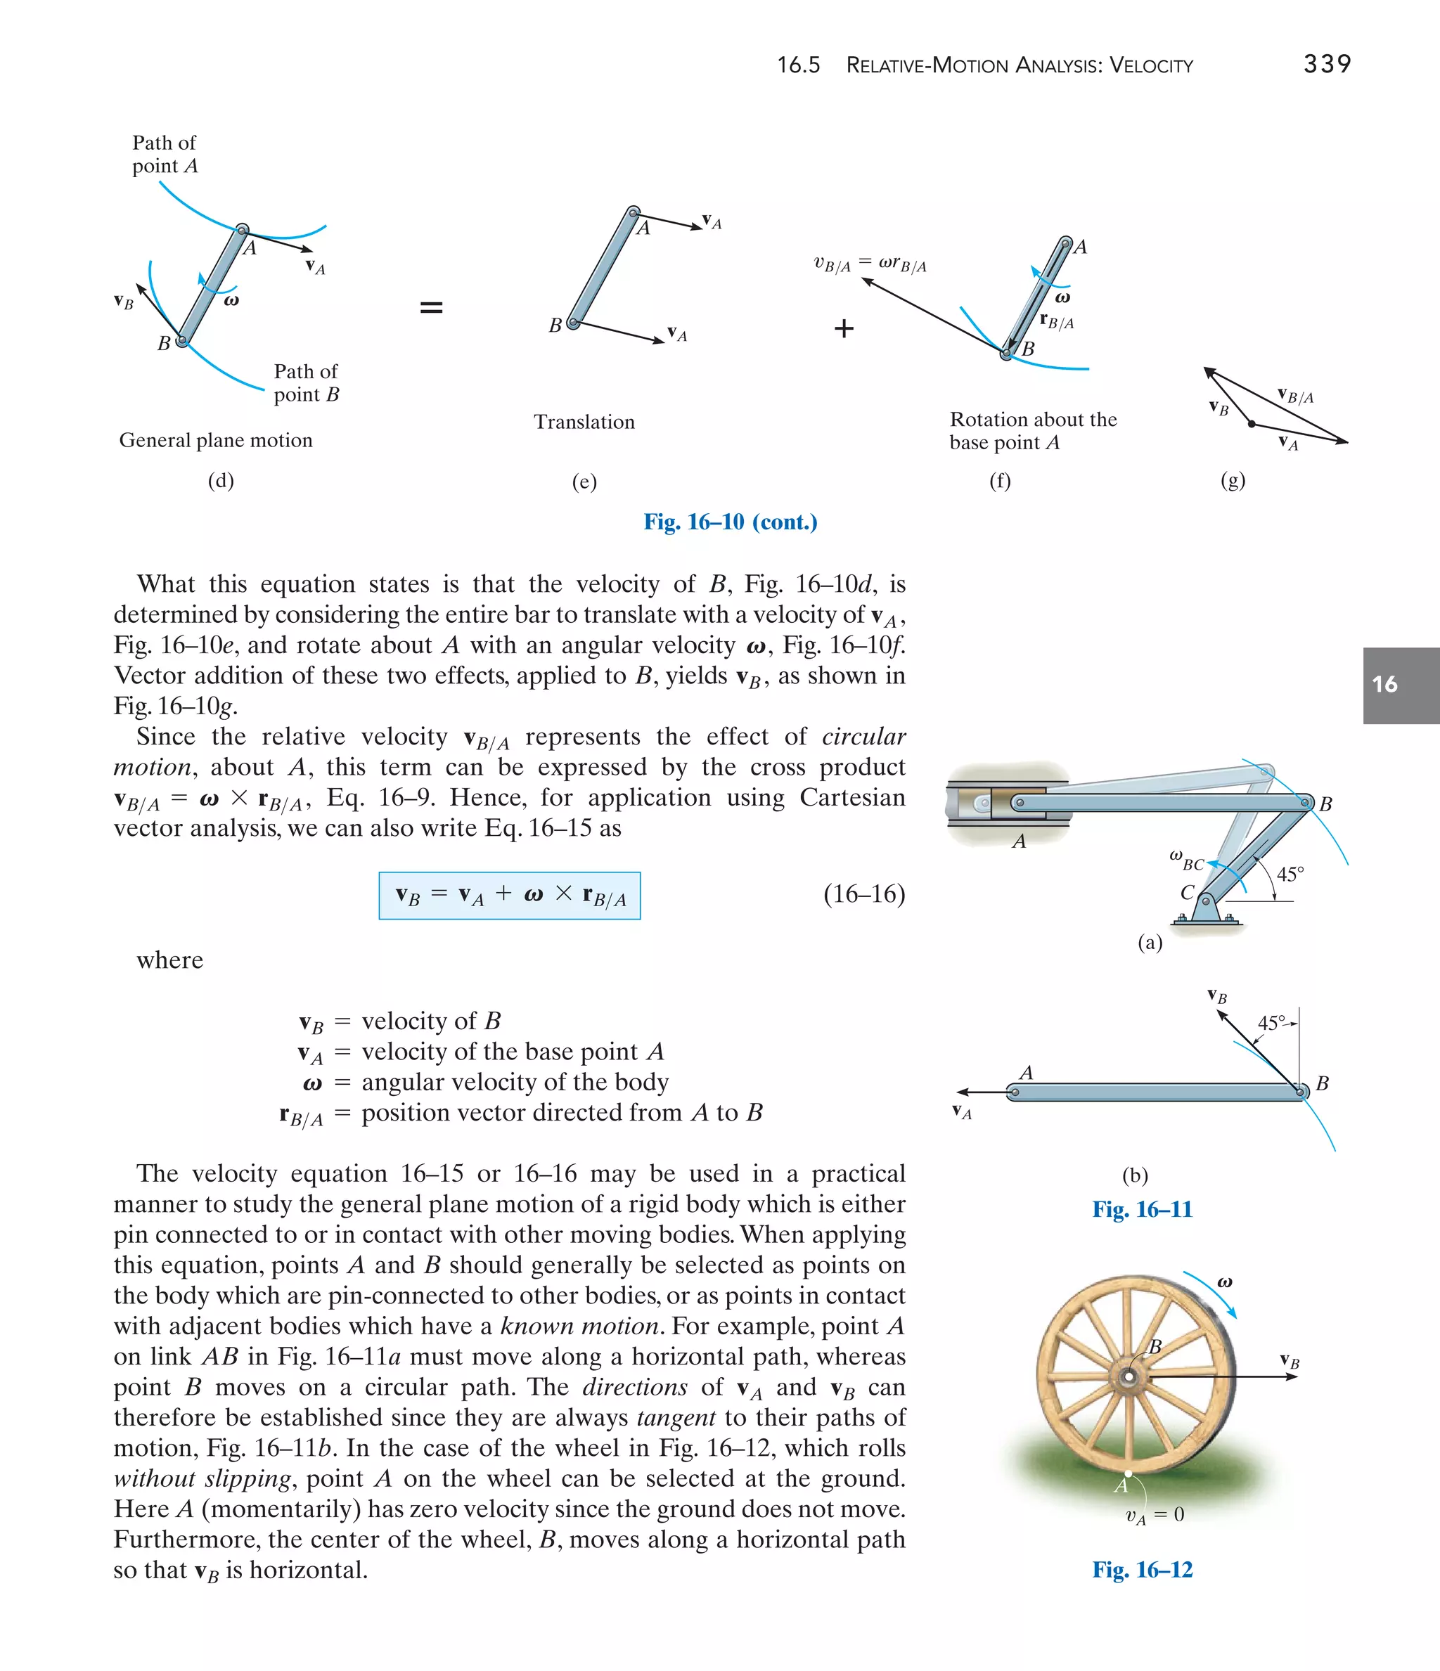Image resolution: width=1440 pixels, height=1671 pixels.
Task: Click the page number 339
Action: click(1326, 64)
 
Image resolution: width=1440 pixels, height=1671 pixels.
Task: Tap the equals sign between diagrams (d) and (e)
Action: click(432, 307)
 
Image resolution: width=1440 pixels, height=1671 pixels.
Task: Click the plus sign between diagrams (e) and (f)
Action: click(844, 328)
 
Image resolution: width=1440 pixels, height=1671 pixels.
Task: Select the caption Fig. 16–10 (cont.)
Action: click(730, 522)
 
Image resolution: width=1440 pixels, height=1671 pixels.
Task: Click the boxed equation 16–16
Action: click(510, 895)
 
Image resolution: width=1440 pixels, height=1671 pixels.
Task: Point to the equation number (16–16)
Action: click(864, 893)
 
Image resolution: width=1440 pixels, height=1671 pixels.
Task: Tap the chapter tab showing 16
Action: click(1401, 685)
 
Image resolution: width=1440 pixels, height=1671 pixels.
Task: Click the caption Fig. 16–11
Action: click(1141, 1209)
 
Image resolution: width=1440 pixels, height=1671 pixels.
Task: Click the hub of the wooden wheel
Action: click(1129, 1376)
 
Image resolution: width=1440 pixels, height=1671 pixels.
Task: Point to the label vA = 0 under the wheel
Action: click(1155, 1516)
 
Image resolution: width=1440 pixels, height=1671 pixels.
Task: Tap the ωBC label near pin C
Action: click(1186, 860)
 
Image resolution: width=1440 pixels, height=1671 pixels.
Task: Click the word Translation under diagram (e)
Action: click(584, 422)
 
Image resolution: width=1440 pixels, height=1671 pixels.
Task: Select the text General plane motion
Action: click(215, 440)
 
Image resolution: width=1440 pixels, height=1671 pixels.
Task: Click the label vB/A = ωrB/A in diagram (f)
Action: click(870, 264)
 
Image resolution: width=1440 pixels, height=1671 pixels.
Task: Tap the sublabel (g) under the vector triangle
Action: click(1232, 481)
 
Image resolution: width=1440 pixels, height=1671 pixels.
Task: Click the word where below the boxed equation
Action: click(169, 960)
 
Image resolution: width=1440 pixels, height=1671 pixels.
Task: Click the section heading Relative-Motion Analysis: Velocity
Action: click(1019, 65)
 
